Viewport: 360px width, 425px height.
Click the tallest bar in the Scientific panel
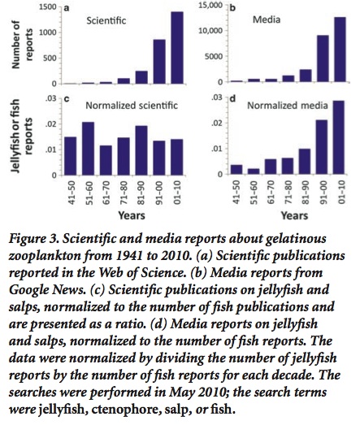click(177, 48)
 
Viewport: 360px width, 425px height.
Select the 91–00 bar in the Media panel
click(323, 59)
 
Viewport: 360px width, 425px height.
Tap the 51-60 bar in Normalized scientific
click(88, 149)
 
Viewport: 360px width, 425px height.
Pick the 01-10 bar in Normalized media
click(339, 137)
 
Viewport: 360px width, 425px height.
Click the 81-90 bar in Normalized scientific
click(141, 150)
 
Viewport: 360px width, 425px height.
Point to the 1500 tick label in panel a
click(48, 7)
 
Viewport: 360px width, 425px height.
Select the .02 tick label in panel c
click(51, 124)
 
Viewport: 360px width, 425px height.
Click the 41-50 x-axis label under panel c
click(71, 193)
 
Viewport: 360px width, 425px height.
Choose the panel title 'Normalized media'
click(288, 105)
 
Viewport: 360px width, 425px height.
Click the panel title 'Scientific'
click(106, 20)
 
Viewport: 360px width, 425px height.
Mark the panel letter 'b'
click(232, 8)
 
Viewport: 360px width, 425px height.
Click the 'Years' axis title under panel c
click(132, 215)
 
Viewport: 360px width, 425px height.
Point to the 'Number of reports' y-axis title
click(22, 45)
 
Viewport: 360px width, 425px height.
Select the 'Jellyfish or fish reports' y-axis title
click(22, 136)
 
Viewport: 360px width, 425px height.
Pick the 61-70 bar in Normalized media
click(271, 167)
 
